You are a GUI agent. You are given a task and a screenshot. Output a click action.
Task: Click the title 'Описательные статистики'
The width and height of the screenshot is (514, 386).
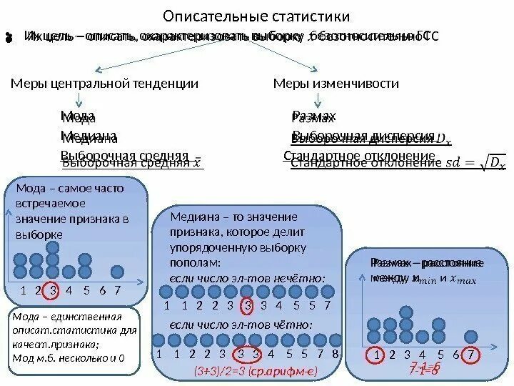click(257, 16)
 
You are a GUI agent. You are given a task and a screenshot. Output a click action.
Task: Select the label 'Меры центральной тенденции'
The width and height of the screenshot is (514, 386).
click(105, 84)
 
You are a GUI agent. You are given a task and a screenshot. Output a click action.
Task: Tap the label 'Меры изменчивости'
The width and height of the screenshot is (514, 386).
click(336, 84)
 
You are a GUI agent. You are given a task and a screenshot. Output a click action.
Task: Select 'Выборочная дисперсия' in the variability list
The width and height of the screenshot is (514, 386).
click(364, 137)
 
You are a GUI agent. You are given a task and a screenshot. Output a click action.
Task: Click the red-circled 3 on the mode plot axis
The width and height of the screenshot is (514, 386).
click(53, 290)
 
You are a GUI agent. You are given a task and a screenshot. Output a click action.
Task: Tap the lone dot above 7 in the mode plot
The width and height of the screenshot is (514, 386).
click(118, 272)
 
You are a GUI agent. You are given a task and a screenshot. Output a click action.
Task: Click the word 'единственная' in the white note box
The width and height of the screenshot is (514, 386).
click(81, 317)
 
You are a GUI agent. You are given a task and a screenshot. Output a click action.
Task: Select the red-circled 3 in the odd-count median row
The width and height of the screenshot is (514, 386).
click(247, 306)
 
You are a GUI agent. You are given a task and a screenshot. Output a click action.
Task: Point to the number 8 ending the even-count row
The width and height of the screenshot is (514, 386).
click(335, 354)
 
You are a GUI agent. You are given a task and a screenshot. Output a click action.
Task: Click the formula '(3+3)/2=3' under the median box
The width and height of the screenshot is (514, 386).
click(218, 372)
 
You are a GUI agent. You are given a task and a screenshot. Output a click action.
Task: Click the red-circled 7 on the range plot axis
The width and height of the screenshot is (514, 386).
click(471, 354)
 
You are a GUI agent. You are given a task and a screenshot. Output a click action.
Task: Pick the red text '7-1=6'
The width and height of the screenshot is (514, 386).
click(425, 369)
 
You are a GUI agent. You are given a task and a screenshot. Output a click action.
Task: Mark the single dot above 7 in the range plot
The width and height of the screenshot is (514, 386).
click(471, 337)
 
